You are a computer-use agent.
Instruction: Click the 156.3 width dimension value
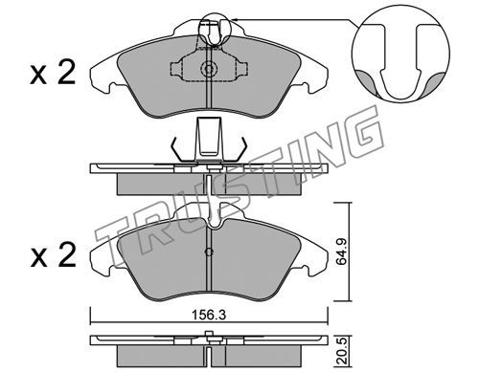[x=209, y=316]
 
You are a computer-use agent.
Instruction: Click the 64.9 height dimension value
[x=342, y=252]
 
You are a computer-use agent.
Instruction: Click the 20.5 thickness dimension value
[x=342, y=351]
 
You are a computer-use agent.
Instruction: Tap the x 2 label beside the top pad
[x=53, y=73]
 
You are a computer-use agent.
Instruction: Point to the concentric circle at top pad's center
[x=209, y=69]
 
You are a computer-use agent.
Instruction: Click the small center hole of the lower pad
[x=209, y=252]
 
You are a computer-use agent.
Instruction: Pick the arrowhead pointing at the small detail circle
[x=234, y=20]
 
